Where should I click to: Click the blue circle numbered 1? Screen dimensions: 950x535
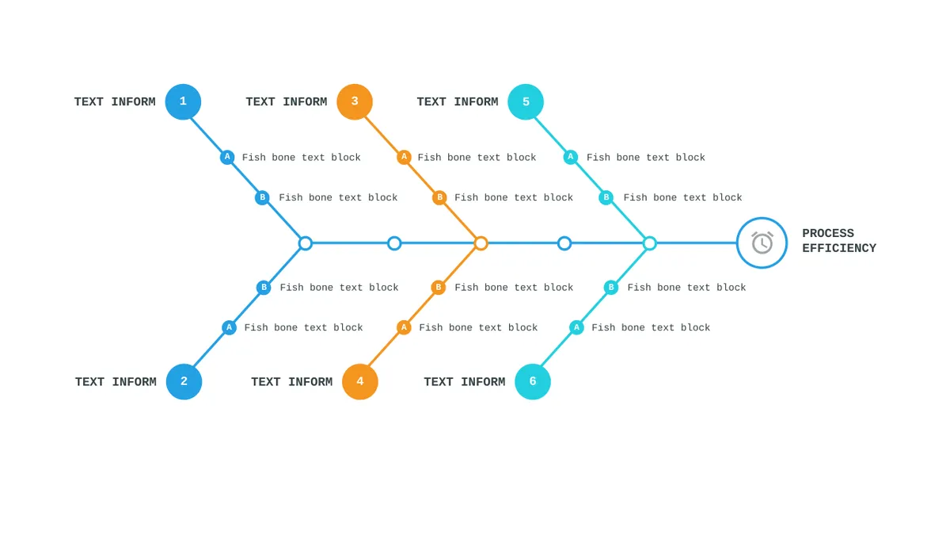(183, 102)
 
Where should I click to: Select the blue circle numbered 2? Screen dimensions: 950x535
(184, 381)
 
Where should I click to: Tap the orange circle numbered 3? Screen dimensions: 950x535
(355, 102)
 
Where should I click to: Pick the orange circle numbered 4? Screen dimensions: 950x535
(359, 381)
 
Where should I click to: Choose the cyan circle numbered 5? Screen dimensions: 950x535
(526, 102)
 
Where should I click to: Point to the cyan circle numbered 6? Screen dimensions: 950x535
(533, 381)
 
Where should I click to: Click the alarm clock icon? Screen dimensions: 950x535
(762, 243)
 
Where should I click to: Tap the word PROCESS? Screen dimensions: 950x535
(828, 234)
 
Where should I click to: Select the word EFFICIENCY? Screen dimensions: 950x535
(839, 248)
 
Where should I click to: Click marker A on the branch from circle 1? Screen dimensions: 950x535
(227, 157)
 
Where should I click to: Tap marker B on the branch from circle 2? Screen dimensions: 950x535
(264, 288)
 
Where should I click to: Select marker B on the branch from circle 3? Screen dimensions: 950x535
(440, 197)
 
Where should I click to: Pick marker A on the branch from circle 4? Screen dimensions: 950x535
(404, 327)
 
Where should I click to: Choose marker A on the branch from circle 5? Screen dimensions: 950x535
(571, 157)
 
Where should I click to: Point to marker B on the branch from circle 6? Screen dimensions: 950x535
(611, 288)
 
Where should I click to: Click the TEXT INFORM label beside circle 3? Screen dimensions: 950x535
(287, 102)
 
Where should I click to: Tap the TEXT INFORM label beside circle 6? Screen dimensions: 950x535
(465, 382)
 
